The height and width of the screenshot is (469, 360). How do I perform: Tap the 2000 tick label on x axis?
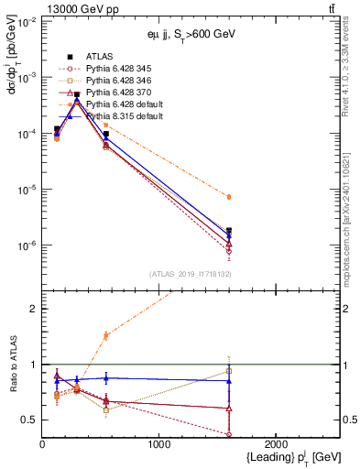pos(276,443)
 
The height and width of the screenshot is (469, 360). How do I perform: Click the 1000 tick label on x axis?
pos(159,443)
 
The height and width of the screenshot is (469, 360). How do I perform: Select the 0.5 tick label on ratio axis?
pos(30,420)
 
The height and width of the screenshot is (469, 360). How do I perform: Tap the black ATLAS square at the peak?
pos(77,94)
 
